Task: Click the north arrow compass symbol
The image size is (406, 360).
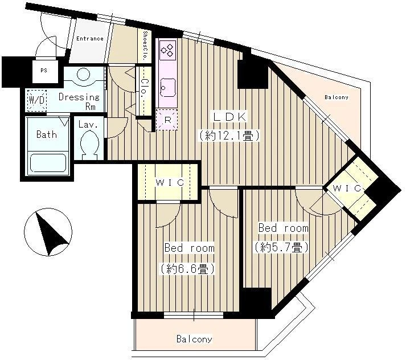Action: (48, 232)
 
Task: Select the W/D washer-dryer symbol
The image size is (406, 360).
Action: (37, 100)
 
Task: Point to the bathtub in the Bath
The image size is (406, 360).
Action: (48, 163)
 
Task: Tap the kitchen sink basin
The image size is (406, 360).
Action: (168, 87)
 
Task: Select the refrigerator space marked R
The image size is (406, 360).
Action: (167, 120)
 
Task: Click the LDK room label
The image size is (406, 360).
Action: (229, 117)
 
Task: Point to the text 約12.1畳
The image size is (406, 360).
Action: (229, 136)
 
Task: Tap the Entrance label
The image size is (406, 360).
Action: (90, 39)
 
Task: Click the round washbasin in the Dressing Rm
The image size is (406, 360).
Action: (83, 74)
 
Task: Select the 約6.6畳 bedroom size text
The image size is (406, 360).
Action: (187, 269)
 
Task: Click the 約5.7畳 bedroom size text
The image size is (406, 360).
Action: (281, 248)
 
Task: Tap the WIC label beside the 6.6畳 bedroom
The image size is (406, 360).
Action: (170, 183)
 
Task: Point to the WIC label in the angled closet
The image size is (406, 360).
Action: (347, 188)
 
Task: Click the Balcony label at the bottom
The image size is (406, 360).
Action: (194, 339)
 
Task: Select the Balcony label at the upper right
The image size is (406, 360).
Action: (337, 97)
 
